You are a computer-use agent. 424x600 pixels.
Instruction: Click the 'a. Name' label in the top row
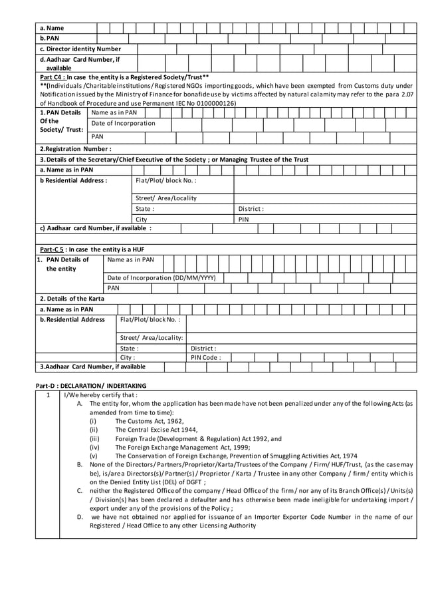coord(52,28)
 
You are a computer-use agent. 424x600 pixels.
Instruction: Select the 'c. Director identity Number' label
coord(80,49)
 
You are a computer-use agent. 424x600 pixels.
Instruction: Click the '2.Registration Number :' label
coord(75,149)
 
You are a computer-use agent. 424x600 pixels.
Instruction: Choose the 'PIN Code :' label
coord(205,357)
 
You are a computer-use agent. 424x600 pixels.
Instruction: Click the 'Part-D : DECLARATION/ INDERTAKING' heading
coord(90,386)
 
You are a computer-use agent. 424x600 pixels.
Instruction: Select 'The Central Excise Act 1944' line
coord(152,430)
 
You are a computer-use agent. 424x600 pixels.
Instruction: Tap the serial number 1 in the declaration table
coord(48,395)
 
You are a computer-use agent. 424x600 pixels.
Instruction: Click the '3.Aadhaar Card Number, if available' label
coord(92,367)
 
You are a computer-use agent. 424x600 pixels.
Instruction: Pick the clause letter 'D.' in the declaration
coord(80,516)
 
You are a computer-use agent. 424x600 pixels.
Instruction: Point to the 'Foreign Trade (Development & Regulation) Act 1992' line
coord(198,439)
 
